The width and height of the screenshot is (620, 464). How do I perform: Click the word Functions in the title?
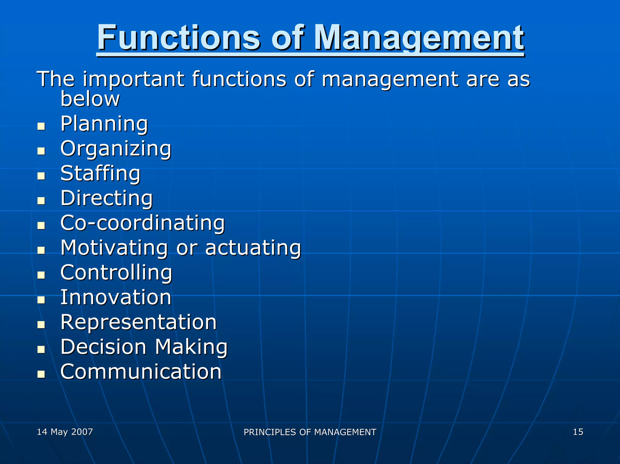point(179,38)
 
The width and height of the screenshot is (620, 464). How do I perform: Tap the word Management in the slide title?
point(419,38)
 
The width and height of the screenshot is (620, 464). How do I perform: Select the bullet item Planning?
point(104,124)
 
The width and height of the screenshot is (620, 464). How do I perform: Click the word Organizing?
point(116,149)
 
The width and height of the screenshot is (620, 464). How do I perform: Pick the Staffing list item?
point(101,174)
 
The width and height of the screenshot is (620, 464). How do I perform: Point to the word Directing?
point(107,198)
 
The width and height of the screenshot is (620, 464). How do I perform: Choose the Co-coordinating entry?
point(143,223)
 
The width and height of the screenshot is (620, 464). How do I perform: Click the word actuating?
point(253,248)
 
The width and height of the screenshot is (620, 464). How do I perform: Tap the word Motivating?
point(114,248)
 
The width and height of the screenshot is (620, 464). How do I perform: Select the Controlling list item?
point(116,273)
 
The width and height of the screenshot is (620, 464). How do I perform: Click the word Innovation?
point(116,298)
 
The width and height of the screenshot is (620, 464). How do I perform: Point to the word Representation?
point(139,322)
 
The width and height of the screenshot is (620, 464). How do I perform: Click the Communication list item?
point(141,372)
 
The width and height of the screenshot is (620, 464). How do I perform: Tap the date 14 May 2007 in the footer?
point(65,432)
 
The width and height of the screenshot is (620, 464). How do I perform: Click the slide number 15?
point(578,432)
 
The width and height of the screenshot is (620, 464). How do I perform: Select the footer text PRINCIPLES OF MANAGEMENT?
point(310,432)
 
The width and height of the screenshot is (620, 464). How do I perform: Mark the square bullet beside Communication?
point(41,374)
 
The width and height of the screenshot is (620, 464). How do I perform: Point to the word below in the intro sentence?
point(90,99)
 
